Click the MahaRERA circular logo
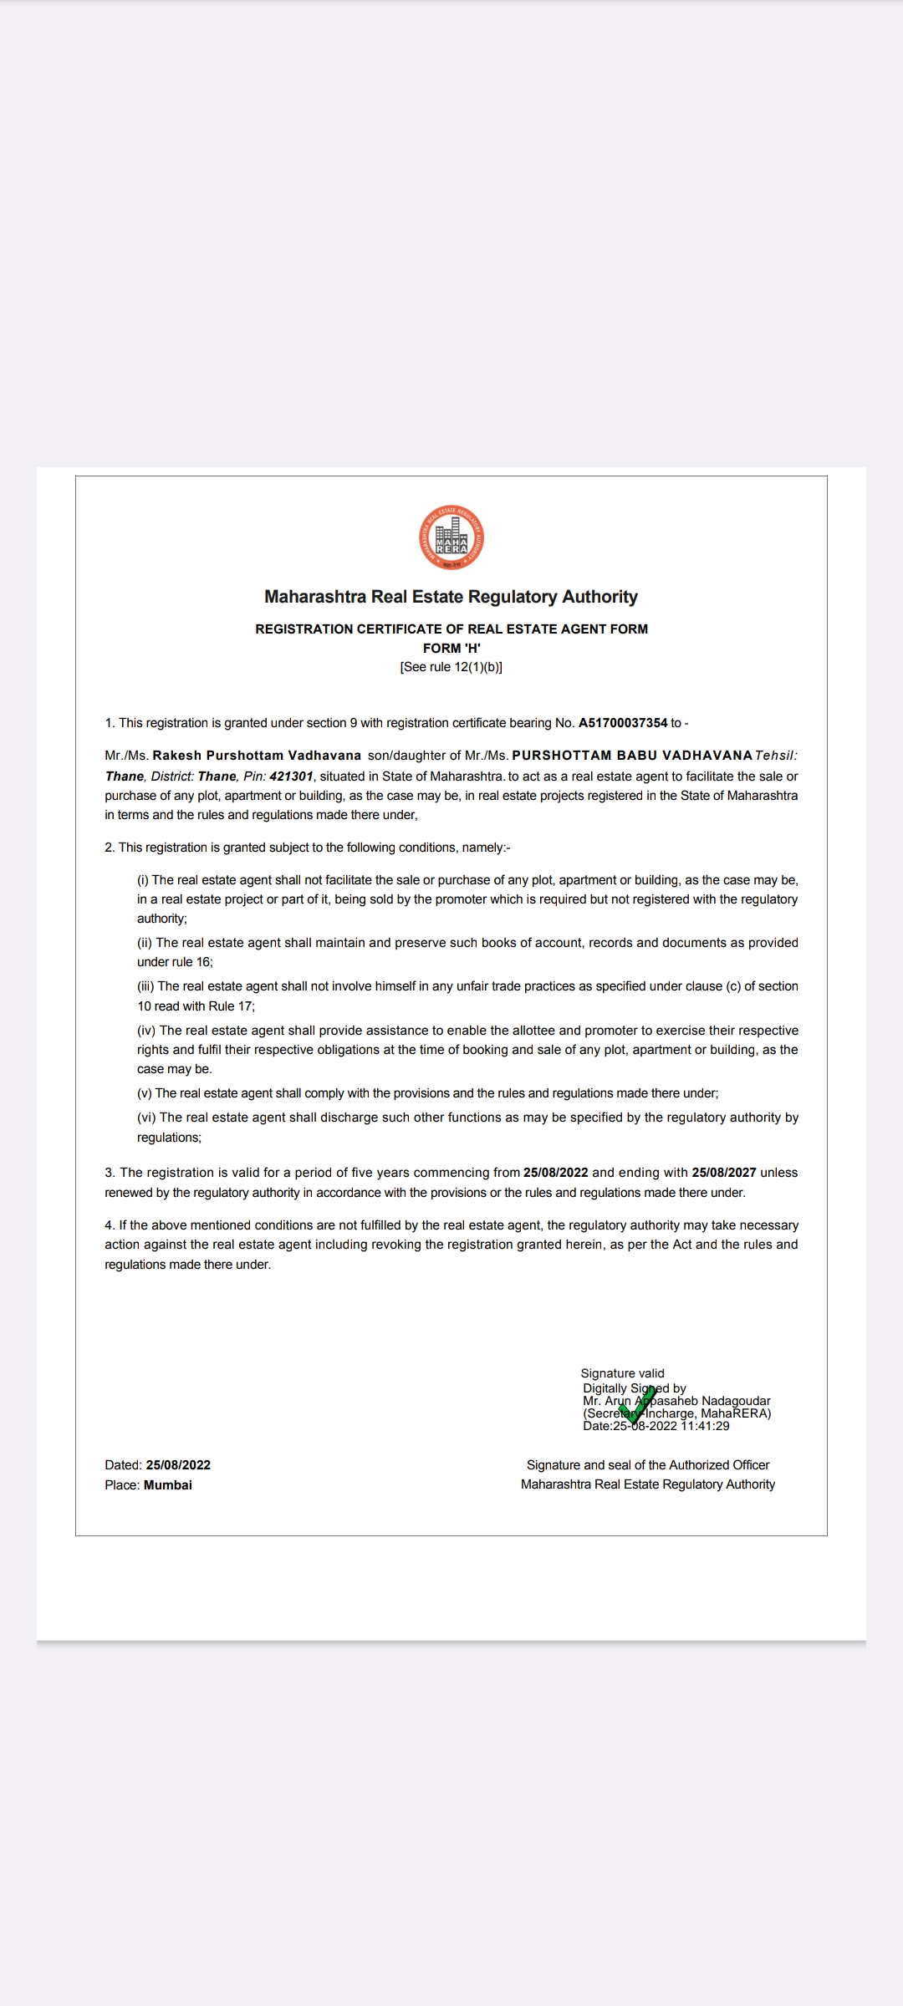tap(451, 538)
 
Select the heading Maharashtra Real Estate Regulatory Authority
tap(451, 597)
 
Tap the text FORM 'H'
tap(451, 648)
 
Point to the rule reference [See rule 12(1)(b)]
tap(451, 667)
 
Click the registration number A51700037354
tap(623, 723)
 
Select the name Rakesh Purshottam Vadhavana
tap(257, 756)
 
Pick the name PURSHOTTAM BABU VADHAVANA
tap(632, 756)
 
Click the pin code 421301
tap(291, 776)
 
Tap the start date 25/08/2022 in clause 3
tap(556, 1173)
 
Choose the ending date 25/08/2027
tap(724, 1173)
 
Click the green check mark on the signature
tap(637, 1406)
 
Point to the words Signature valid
tap(623, 1373)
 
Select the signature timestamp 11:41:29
tap(705, 1426)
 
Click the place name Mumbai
tap(168, 1485)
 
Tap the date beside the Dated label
tap(178, 1465)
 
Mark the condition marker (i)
tap(143, 880)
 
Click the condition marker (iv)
tap(146, 1031)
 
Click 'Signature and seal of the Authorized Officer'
tap(648, 1465)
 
